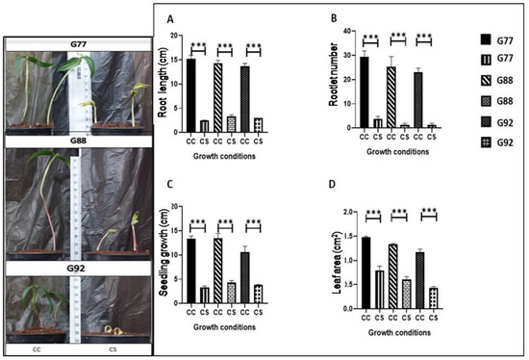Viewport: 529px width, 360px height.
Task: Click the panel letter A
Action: pos(170,19)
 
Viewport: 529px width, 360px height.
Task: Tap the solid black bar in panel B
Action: pos(363,91)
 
